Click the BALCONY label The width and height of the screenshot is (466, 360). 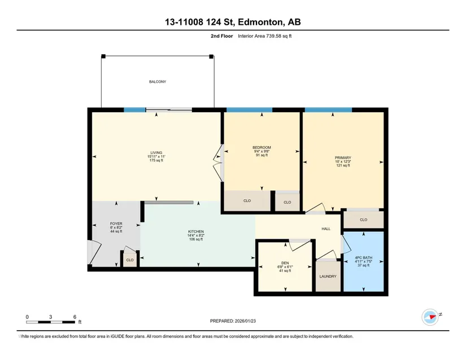click(158, 82)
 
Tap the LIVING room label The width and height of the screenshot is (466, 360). click(156, 153)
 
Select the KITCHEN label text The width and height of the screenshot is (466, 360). click(196, 231)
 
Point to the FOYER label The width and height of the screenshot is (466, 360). click(116, 224)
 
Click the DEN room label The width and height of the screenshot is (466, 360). click(285, 263)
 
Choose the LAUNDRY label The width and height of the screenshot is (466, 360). click(328, 276)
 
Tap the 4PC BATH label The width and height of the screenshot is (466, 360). click(363, 258)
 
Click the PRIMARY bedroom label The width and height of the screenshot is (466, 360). click(343, 158)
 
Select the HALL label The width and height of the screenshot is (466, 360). click(326, 229)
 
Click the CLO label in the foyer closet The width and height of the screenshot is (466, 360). click(130, 260)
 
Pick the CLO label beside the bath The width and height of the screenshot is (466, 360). click(363, 220)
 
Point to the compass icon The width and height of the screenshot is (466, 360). click(430, 317)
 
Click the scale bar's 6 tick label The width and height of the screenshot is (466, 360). click(75, 317)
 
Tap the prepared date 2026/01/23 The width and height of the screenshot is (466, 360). click(245, 321)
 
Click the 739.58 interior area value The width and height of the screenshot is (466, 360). click(273, 36)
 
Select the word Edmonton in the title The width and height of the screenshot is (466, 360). click(260, 22)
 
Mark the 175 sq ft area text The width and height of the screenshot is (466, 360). click(156, 160)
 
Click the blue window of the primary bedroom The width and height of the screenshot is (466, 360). click(328, 110)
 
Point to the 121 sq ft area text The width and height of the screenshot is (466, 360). click(343, 165)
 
